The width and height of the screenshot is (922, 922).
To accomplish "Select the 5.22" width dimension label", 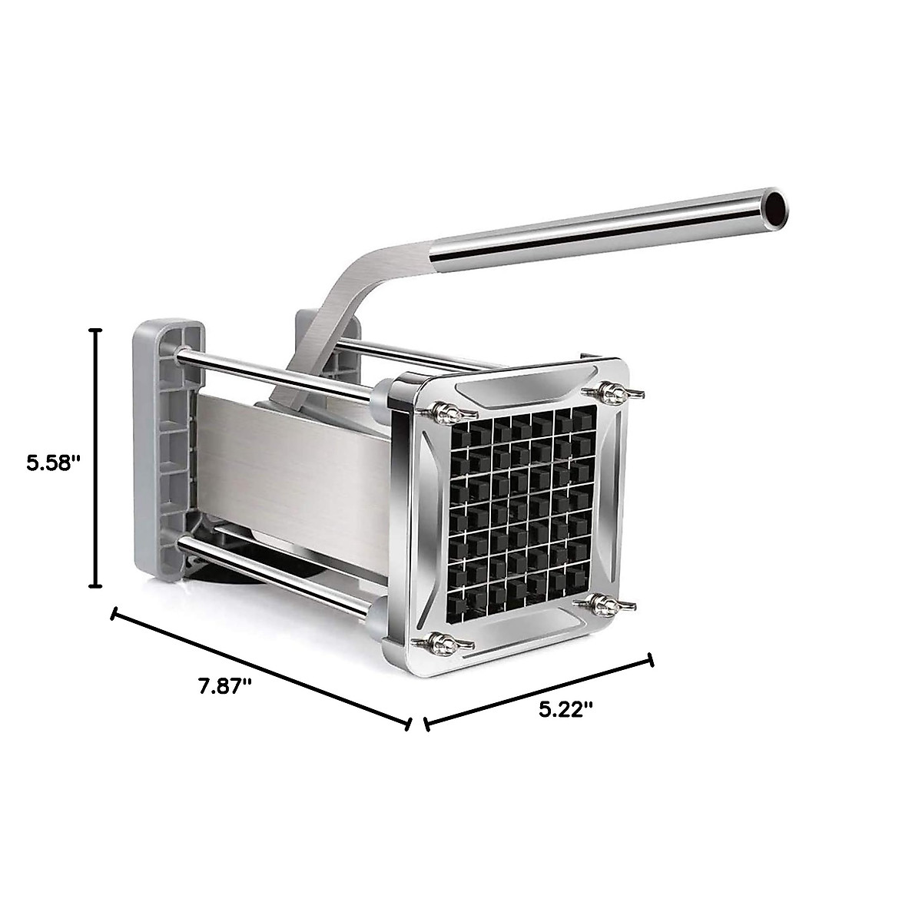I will [566, 709].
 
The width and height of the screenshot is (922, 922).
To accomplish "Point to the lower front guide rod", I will [277, 572].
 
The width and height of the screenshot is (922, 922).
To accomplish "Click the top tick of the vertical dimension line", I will [95, 330].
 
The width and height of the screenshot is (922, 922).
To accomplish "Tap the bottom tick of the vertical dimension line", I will [95, 586].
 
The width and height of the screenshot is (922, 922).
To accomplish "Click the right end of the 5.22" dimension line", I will [652, 660].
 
